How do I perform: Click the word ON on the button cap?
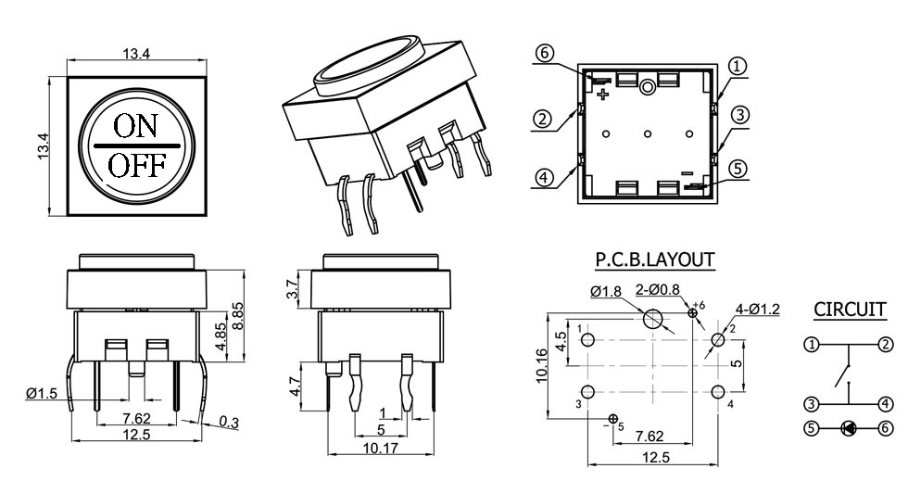coord(136,127)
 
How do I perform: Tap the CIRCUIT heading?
coord(850,309)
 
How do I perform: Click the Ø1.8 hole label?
coord(609,292)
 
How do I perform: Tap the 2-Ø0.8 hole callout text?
coord(659,290)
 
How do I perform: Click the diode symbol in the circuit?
coord(848,429)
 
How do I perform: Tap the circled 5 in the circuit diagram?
coord(812,429)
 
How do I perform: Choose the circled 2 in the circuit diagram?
coord(886,345)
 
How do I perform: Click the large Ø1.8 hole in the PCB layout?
coord(653,319)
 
